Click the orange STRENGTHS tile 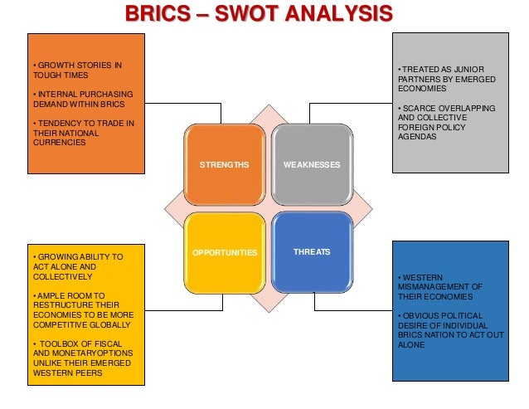[224, 165]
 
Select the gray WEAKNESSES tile [311, 165]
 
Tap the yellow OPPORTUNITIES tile [224, 251]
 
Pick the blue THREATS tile [311, 251]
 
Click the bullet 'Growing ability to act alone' [75, 266]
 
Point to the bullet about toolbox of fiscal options [81, 357]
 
